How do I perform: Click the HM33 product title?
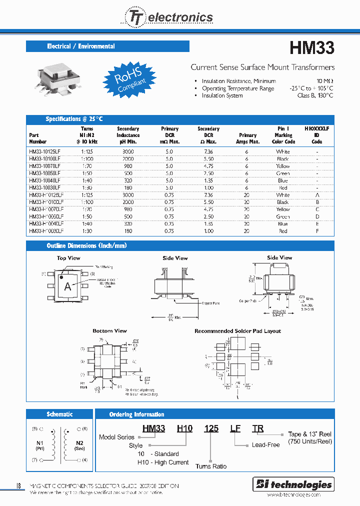pyautogui.click(x=311, y=48)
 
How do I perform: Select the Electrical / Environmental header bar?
pyautogui.click(x=107, y=46)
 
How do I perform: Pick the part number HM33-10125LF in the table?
pyautogui.click(x=44, y=151)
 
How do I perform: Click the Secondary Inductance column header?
pyautogui.click(x=128, y=135)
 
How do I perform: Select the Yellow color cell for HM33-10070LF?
pyautogui.click(x=283, y=166)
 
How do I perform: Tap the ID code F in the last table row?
pyautogui.click(x=317, y=231)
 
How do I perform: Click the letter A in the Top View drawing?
pyautogui.click(x=67, y=286)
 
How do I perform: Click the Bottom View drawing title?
pyautogui.click(x=109, y=331)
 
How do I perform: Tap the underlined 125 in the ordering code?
pyautogui.click(x=211, y=428)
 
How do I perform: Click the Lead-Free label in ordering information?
pyautogui.click(x=265, y=444)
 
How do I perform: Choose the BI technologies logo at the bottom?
pyautogui.click(x=293, y=484)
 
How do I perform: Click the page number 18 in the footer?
pyautogui.click(x=18, y=485)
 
